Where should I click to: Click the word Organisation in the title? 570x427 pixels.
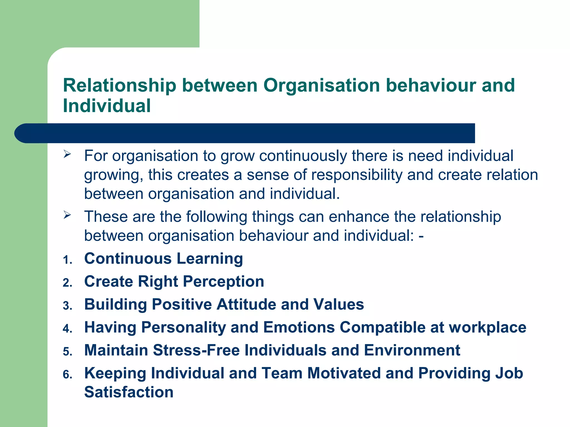[321, 85]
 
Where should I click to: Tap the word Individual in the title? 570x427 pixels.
[107, 106]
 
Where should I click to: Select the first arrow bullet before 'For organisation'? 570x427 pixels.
[67, 154]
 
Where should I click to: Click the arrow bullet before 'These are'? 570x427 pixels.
[67, 215]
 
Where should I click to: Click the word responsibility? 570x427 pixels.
[357, 175]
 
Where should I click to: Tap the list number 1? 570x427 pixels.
[67, 260]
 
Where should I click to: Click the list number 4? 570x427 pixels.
[67, 329]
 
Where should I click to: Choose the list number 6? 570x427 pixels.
[67, 375]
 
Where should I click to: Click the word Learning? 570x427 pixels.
[210, 259]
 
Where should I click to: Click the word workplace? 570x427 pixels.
[487, 327]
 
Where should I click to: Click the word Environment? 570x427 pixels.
[412, 350]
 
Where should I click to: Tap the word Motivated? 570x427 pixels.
[344, 373]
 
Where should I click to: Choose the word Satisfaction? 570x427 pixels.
[129, 392]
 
